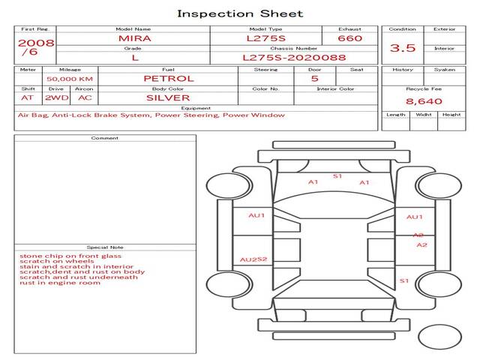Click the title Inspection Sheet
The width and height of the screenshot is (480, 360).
click(x=240, y=13)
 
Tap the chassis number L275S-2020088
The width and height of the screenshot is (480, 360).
click(x=294, y=57)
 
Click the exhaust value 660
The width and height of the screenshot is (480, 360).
click(x=349, y=37)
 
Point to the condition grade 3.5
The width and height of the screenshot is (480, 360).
click(x=403, y=48)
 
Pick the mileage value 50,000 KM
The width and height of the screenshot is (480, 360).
click(x=69, y=79)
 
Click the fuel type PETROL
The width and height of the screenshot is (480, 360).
click(x=168, y=78)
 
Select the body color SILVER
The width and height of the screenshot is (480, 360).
click(x=168, y=97)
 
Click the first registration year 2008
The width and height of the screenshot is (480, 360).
click(x=36, y=43)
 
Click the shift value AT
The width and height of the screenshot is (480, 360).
click(x=27, y=97)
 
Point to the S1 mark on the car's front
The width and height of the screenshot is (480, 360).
click(x=337, y=176)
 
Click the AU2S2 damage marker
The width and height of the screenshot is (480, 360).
click(x=253, y=259)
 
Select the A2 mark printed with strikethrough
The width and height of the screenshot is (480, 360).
click(x=418, y=235)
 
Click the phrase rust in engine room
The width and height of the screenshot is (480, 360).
click(x=60, y=283)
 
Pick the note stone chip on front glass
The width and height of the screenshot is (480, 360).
click(x=70, y=256)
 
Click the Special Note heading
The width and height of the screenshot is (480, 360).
click(x=105, y=247)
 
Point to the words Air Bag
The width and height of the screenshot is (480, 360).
click(x=31, y=115)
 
